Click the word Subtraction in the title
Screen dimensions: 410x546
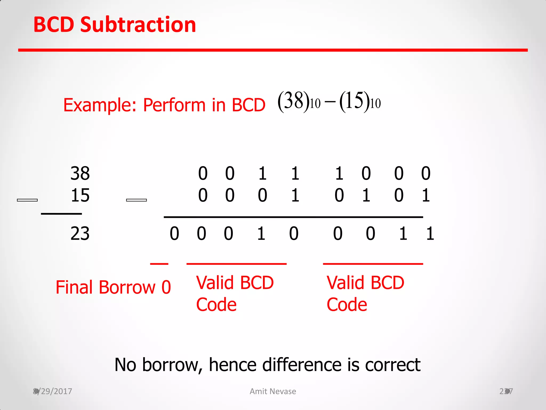coord(138,25)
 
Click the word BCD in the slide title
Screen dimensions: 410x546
coord(54,25)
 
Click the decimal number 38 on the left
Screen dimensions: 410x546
coord(80,173)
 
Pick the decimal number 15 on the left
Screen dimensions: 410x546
coord(80,195)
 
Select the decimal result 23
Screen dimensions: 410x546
coord(80,234)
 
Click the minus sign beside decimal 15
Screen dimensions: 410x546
coord(27,200)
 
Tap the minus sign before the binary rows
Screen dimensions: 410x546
coord(136,200)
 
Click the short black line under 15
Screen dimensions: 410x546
coord(61,214)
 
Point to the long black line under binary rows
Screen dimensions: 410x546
coord(293,217)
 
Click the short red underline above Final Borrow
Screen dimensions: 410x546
coord(159,264)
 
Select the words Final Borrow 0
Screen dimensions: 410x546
coord(113,287)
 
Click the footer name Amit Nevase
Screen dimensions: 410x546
coord(273,391)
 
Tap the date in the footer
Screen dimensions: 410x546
coord(53,391)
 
